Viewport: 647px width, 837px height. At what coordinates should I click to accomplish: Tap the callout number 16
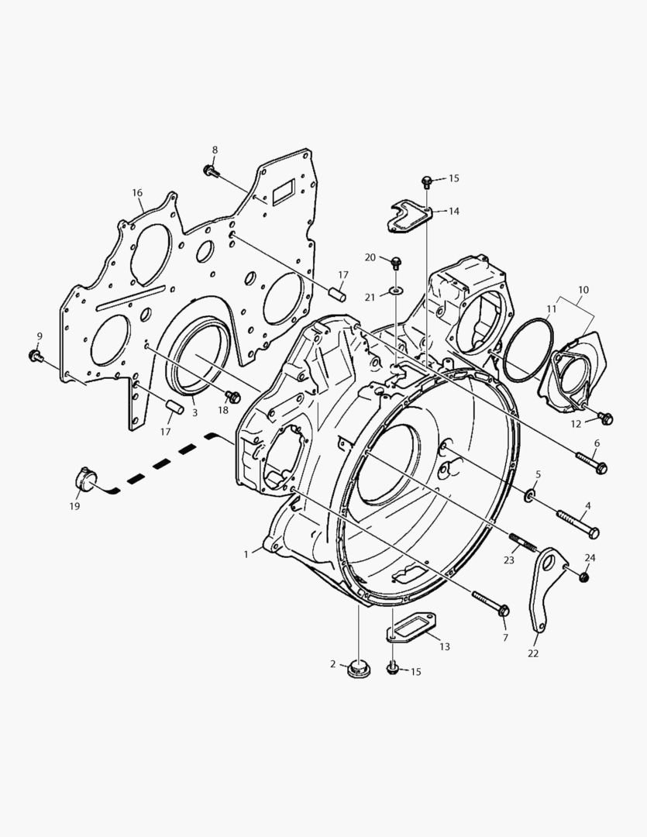[137, 193]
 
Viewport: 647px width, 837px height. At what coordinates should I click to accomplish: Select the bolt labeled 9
[36, 356]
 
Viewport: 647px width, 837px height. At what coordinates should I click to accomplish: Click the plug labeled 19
[85, 478]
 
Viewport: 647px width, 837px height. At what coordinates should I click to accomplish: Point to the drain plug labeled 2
[356, 669]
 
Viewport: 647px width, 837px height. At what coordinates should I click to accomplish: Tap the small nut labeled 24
[584, 577]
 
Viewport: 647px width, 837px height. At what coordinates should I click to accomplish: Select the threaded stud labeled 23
[521, 542]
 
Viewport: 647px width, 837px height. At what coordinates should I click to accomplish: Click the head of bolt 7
[504, 610]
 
